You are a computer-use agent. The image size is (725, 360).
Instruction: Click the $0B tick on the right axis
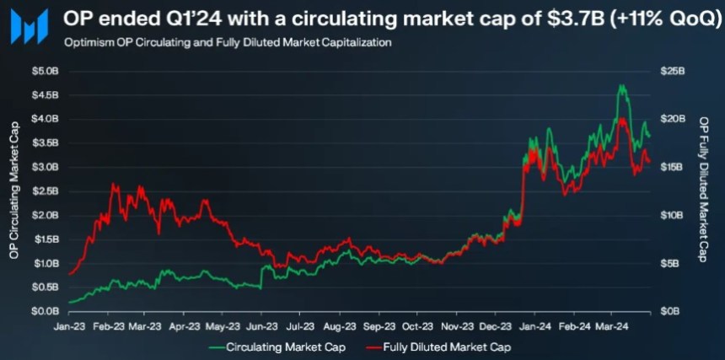click(x=670, y=311)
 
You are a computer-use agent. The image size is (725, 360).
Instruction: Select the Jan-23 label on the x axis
click(x=68, y=325)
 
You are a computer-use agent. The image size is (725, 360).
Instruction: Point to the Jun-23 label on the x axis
click(x=262, y=325)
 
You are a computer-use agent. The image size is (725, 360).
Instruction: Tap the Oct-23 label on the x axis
click(x=417, y=325)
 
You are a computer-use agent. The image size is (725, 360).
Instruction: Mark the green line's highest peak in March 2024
click(x=621, y=85)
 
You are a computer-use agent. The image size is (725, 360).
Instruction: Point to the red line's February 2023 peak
click(x=113, y=185)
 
